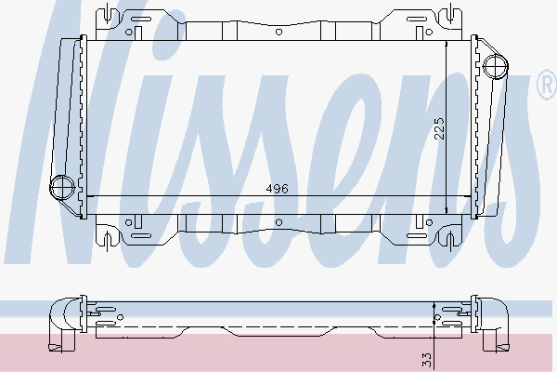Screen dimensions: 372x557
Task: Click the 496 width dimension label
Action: pyautogui.click(x=278, y=188)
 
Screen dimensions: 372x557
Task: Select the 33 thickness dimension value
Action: pyautogui.click(x=426, y=356)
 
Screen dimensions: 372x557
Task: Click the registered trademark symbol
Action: pyautogui.click(x=547, y=86)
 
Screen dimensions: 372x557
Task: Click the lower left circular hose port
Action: pyautogui.click(x=61, y=186)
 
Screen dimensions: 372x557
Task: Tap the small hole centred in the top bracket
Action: pyautogui.click(x=278, y=30)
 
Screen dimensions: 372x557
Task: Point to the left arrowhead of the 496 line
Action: pyautogui.click(x=88, y=196)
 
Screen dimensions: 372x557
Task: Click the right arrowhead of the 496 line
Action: pyautogui.click(x=469, y=196)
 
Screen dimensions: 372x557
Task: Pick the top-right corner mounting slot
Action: pyautogui.click(x=452, y=15)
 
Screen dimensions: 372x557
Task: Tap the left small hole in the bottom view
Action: pyautogui.click(x=120, y=317)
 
